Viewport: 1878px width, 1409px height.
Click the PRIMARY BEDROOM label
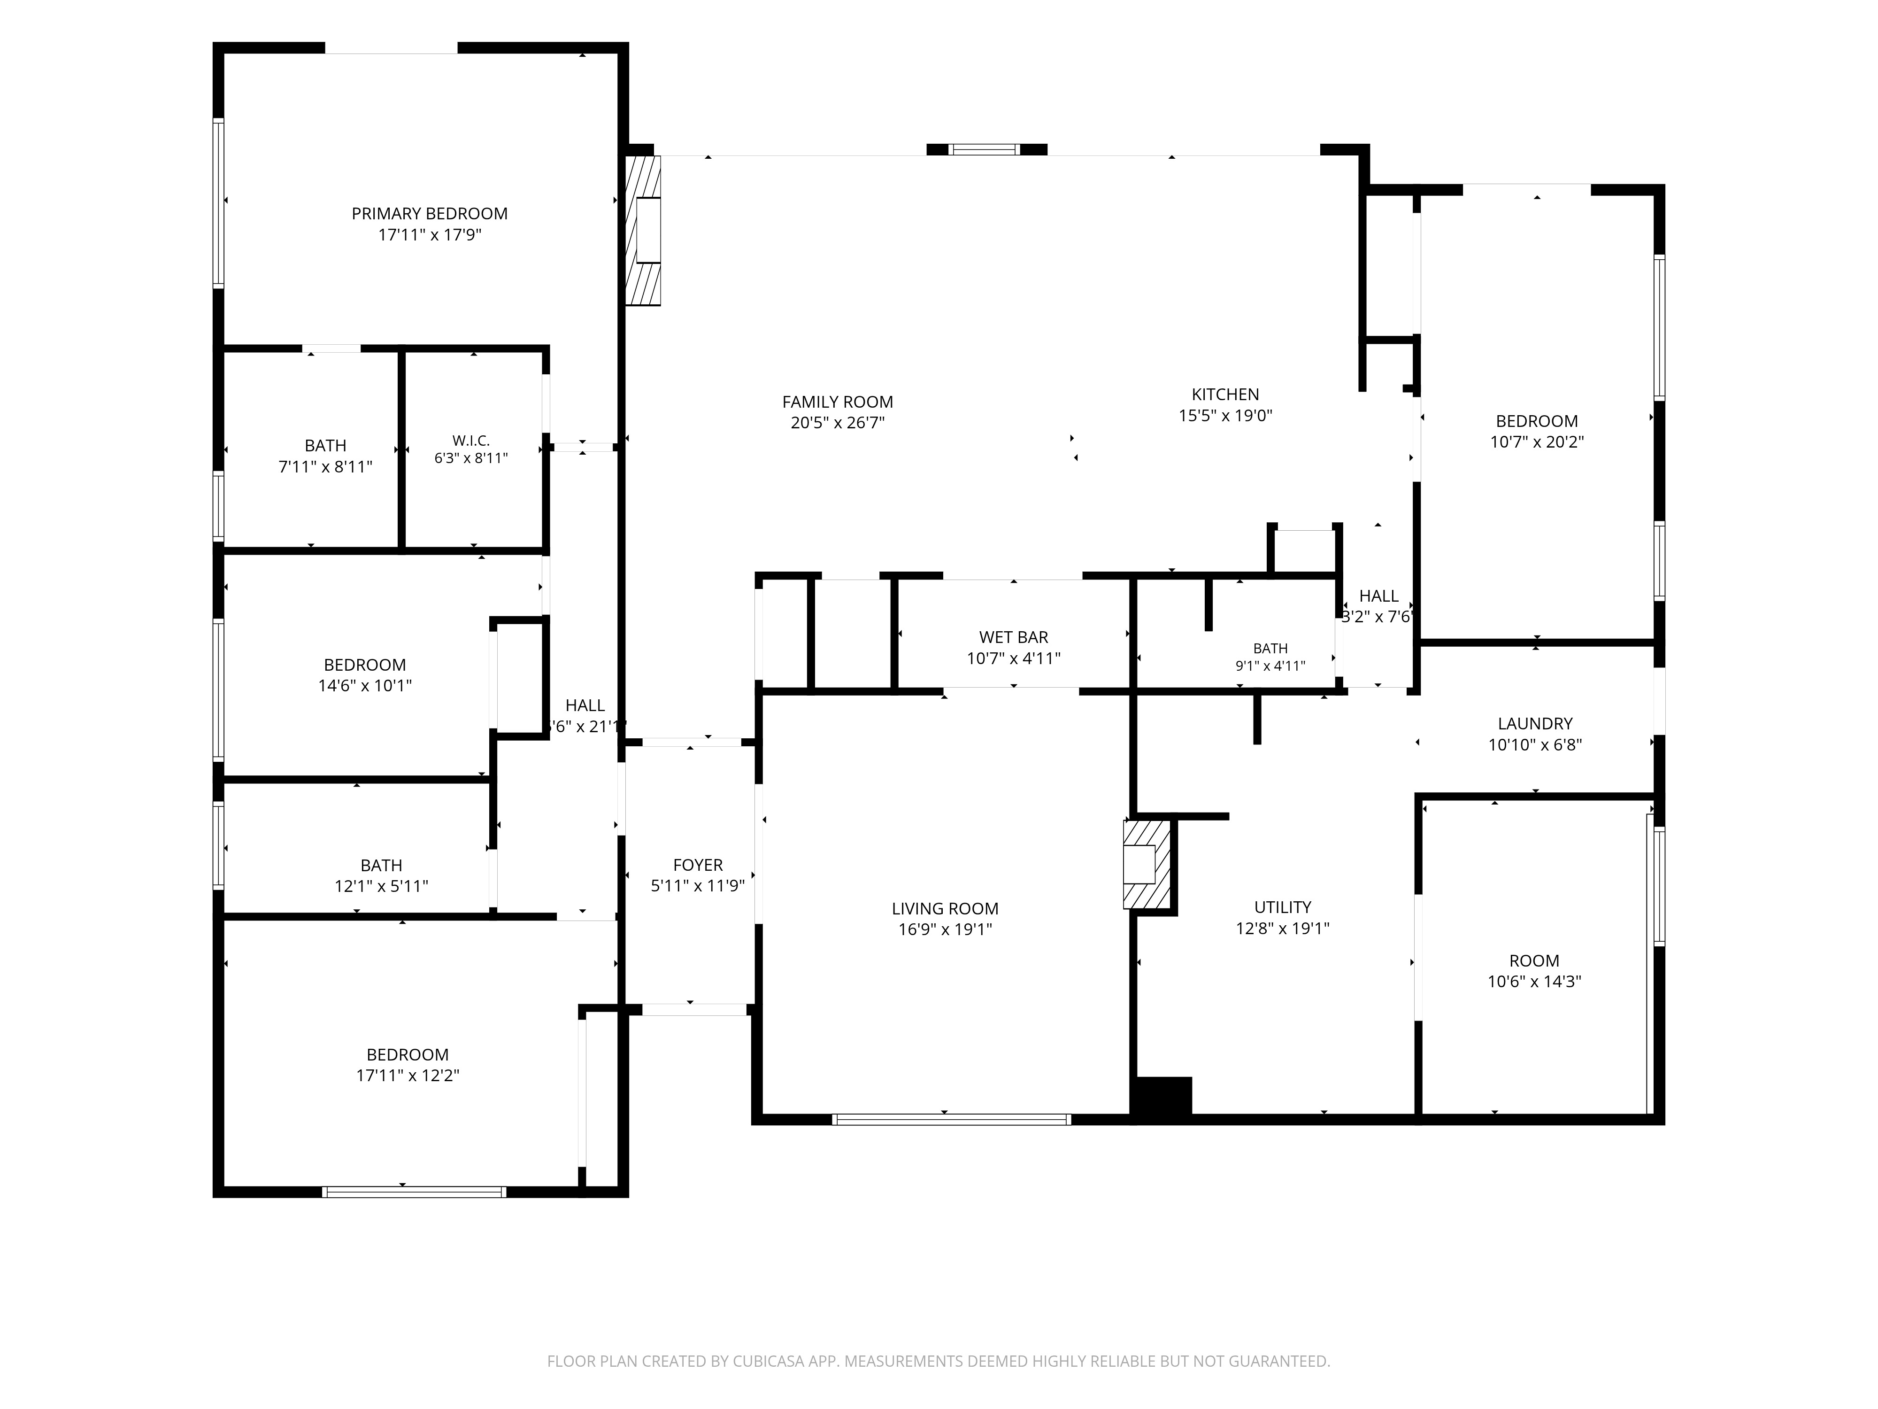tap(430, 213)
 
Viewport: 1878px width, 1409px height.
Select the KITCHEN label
tap(1225, 394)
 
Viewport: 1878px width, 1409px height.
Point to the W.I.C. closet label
tap(471, 441)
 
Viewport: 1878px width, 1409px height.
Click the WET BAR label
tap(1014, 637)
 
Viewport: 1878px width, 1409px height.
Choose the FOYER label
tap(698, 865)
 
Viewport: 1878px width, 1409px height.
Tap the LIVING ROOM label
tap(945, 908)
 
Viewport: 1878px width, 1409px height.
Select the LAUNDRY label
tap(1535, 724)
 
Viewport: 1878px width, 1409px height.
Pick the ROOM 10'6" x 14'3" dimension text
tap(1534, 982)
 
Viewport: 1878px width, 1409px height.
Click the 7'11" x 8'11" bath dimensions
tap(325, 466)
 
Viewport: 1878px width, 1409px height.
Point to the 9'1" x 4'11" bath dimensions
tap(1270, 666)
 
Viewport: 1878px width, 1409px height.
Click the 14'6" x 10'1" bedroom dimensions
tap(365, 685)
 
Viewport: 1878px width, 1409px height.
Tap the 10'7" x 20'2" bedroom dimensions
tap(1537, 441)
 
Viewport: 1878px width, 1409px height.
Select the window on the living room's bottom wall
tap(952, 1119)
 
